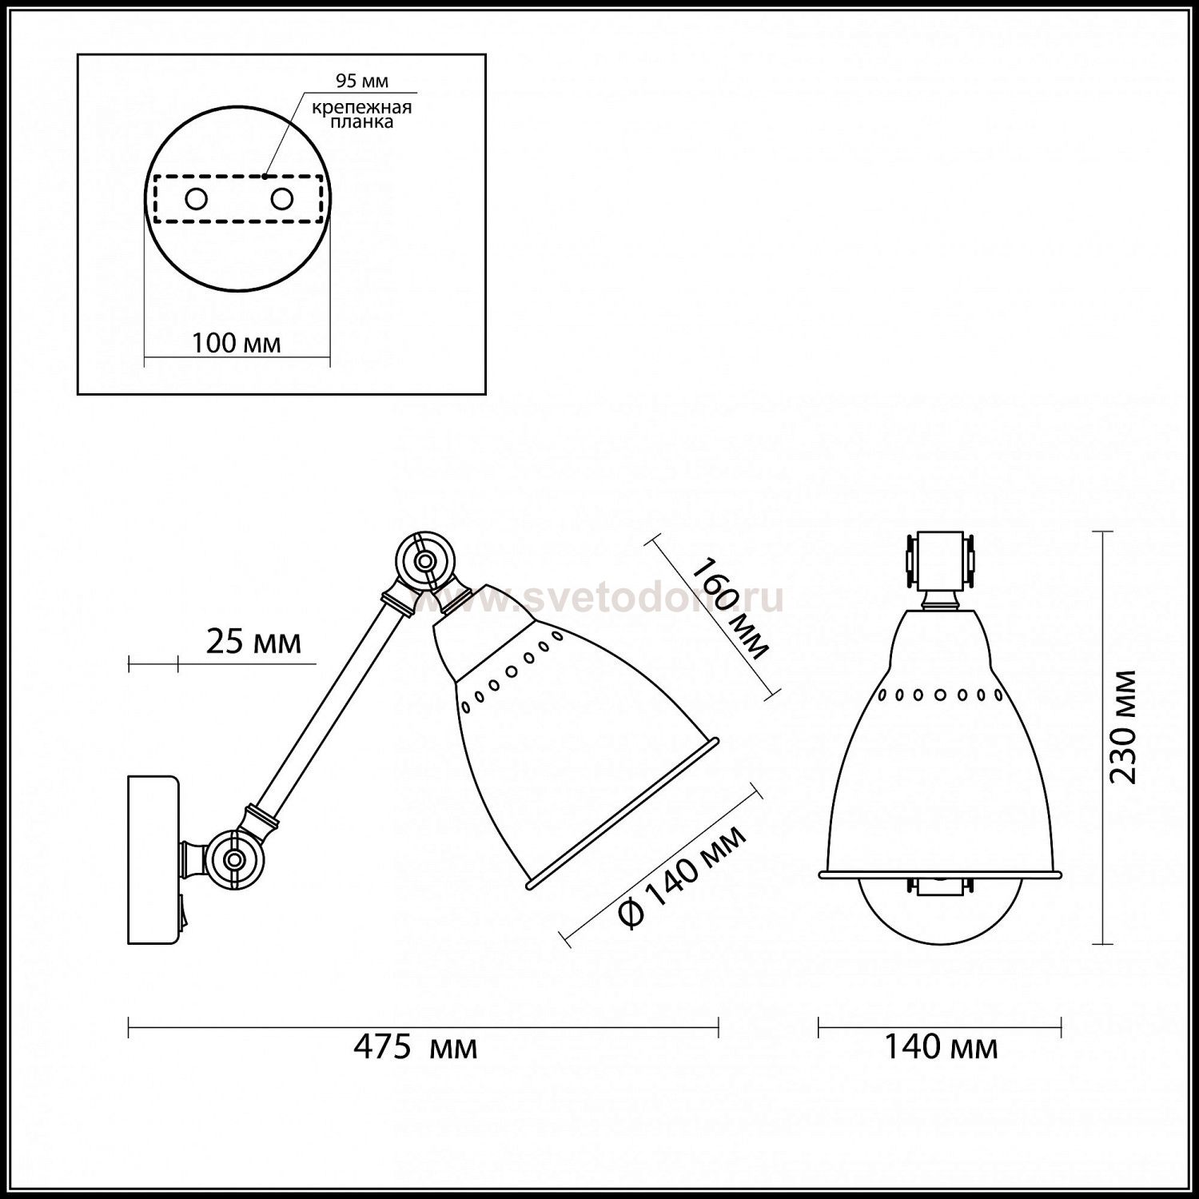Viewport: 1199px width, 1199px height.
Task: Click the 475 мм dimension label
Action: pyautogui.click(x=416, y=1046)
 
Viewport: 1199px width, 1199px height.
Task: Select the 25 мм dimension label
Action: pyautogui.click(x=254, y=642)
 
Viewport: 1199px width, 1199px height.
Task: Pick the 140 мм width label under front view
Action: pyautogui.click(x=941, y=1046)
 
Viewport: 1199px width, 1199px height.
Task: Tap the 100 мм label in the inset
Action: pyautogui.click(x=237, y=343)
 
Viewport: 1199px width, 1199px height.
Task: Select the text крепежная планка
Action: pyautogui.click(x=362, y=115)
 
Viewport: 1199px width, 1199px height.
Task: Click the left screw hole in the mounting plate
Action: pyautogui.click(x=196, y=198)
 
